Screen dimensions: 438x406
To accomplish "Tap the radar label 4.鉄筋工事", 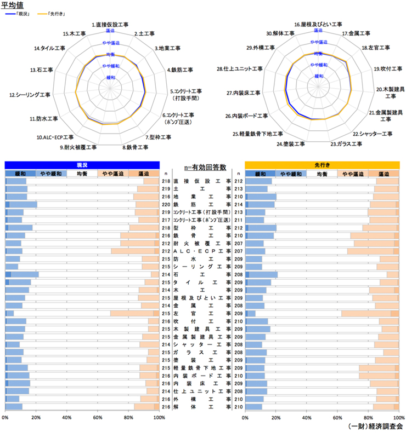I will [x=180, y=70].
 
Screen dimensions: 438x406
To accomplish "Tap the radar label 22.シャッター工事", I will [x=373, y=134].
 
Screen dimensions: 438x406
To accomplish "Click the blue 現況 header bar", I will [x=82, y=164].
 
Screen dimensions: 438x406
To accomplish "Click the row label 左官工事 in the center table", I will [x=201, y=313].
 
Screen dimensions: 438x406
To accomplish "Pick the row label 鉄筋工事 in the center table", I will [x=201, y=204].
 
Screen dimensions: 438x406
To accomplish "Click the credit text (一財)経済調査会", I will [x=375, y=426].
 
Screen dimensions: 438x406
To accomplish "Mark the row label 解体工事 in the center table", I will [x=201, y=407].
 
